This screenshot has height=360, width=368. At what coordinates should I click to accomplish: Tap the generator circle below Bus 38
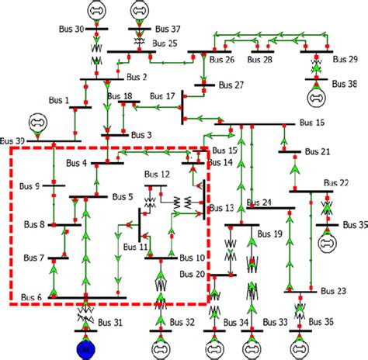coord(317,99)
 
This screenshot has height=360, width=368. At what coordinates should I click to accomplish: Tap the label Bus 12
coord(155,175)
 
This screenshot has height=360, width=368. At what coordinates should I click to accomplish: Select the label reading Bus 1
coord(56,100)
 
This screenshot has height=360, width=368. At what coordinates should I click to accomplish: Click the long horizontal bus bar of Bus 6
coord(85,297)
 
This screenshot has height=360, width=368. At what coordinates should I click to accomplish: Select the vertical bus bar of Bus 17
coord(182,106)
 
